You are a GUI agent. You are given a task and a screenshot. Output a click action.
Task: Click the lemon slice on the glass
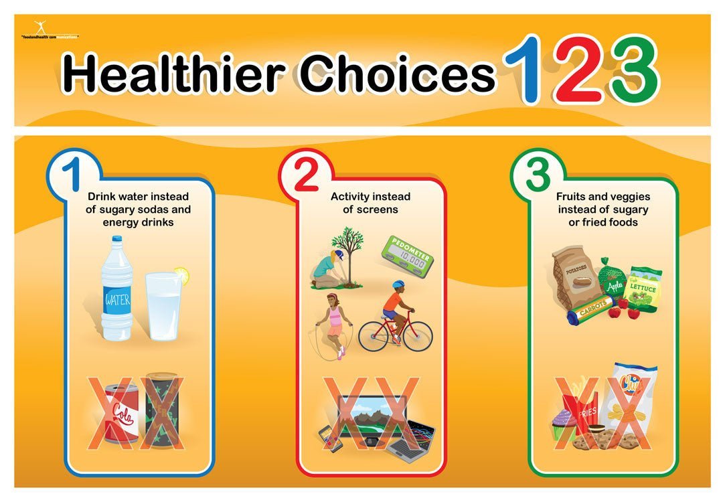(181, 274)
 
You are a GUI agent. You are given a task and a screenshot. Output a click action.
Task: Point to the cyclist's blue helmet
(398, 284)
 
